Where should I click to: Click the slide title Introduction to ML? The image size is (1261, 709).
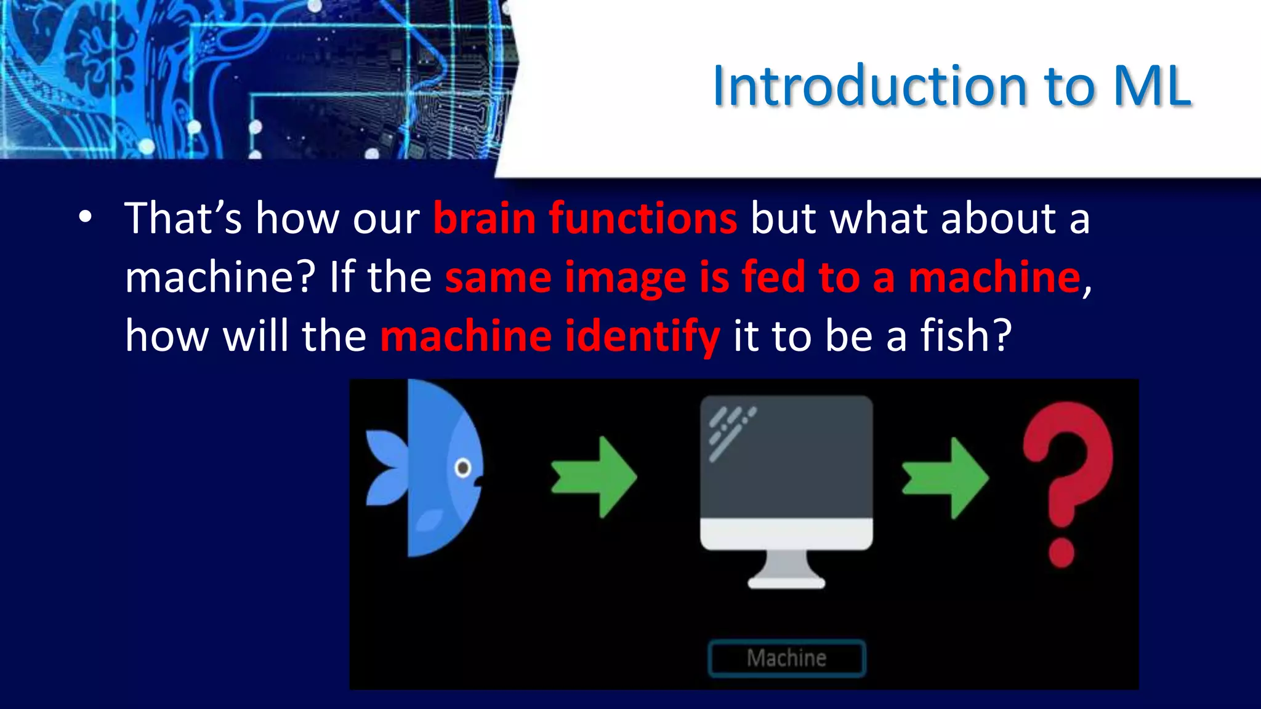pos(951,86)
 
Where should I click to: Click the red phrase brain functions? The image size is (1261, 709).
pos(585,218)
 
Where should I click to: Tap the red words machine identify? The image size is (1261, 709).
pos(550,337)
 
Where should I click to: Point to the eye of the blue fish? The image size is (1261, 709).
pos(463,468)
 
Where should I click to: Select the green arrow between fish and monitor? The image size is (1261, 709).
pos(594,477)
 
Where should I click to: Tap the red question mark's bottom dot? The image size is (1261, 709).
pos(1061,552)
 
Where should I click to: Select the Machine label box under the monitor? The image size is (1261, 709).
pos(786,659)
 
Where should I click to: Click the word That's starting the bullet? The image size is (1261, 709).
pos(183,218)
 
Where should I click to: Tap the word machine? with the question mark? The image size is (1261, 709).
pos(220,278)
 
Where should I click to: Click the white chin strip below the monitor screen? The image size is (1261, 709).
pos(786,533)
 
